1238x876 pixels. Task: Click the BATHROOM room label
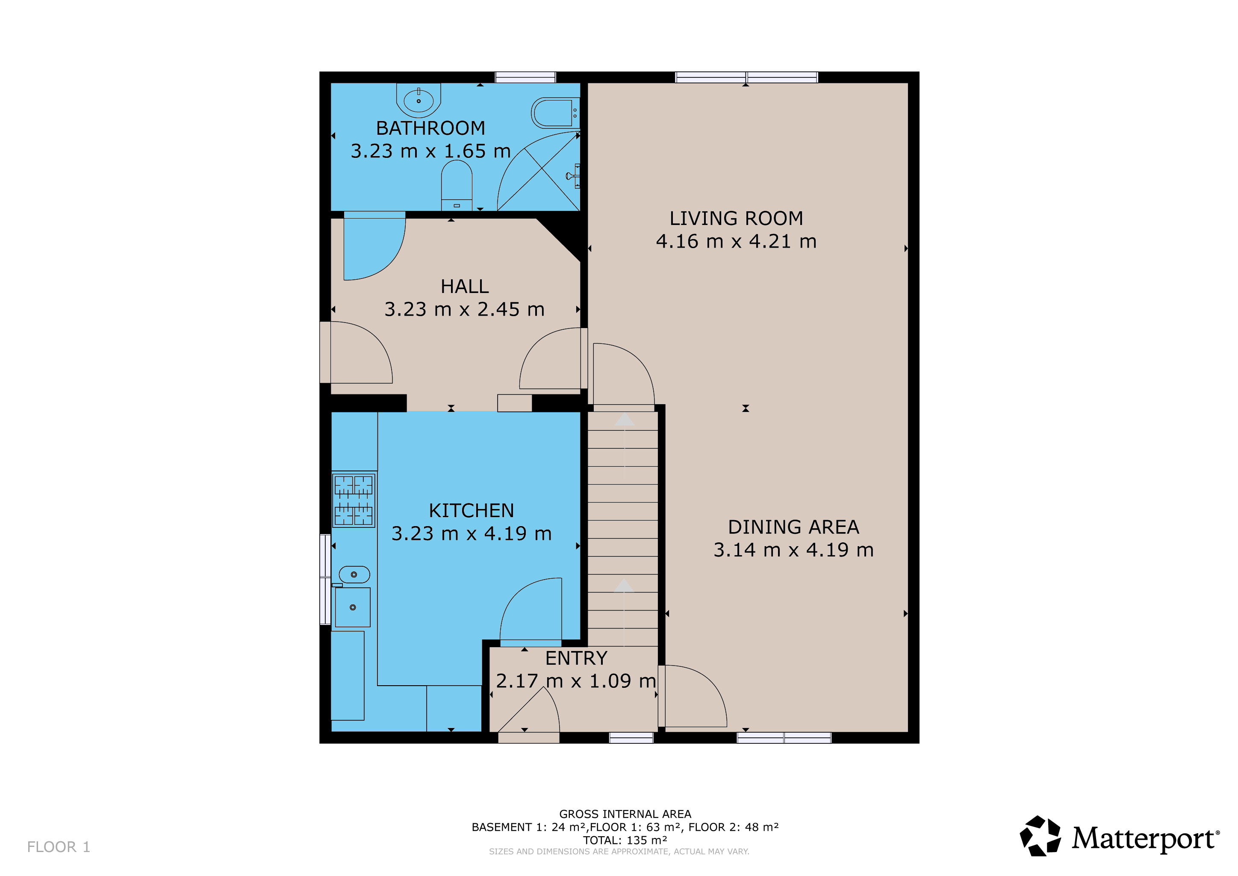[x=430, y=128]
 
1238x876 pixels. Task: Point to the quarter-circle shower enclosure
[x=538, y=171]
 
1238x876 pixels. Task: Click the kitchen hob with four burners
[x=354, y=500]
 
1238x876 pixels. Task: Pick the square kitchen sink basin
[x=353, y=607]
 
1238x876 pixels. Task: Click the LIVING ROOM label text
[x=736, y=219]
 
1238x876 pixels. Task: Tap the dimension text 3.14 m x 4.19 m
[x=794, y=550]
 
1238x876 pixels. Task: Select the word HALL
[x=465, y=287]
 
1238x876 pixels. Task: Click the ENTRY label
[x=576, y=658]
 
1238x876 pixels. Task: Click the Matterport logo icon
[x=1040, y=835]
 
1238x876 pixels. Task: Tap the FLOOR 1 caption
[x=59, y=847]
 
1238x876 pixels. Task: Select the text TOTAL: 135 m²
[x=625, y=840]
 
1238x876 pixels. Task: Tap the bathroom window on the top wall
[x=526, y=77]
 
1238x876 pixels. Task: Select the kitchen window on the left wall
[x=325, y=579]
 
